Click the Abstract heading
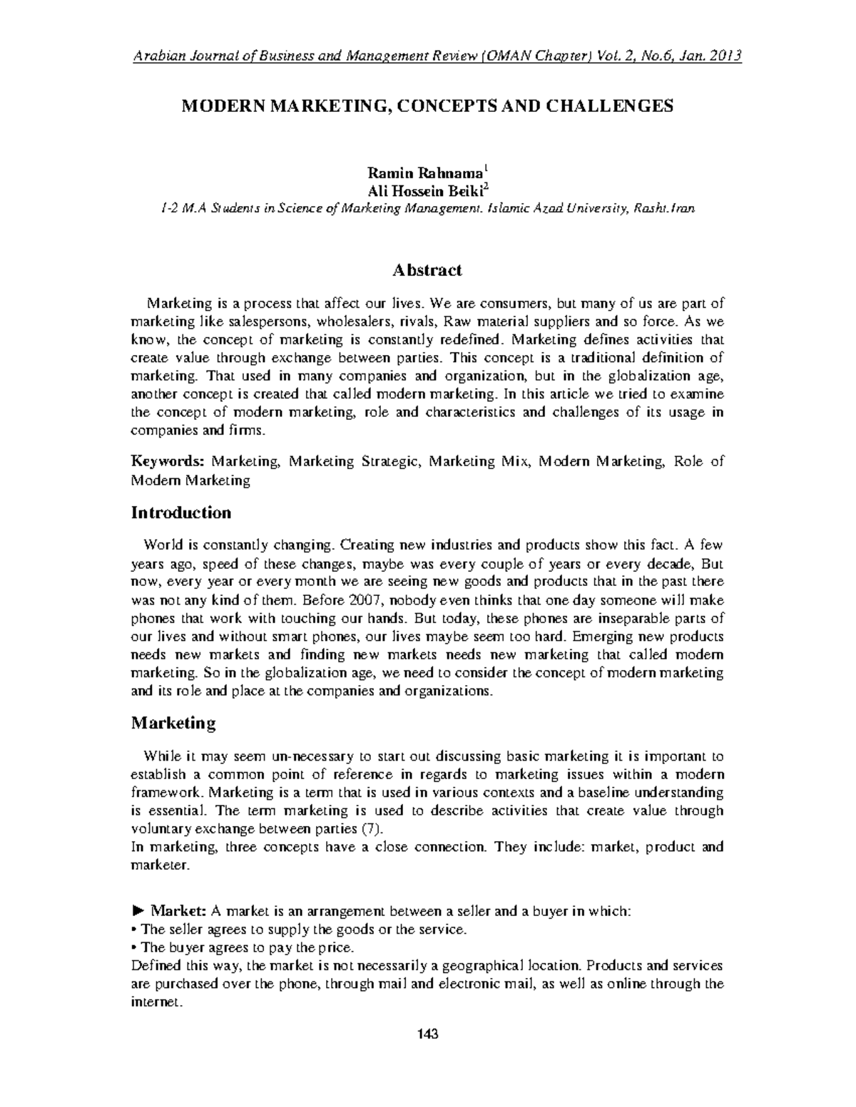pos(427,270)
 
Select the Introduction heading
pos(181,513)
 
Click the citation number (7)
pos(372,828)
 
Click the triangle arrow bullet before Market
pos(138,912)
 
